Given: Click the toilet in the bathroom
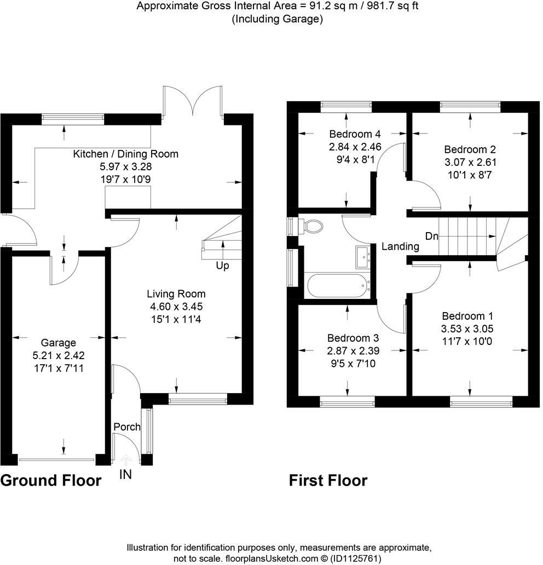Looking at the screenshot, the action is click(310, 226).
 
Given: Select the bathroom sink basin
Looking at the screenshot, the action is click(363, 257).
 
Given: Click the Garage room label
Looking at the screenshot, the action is click(59, 342).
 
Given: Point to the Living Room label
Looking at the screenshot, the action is click(176, 293).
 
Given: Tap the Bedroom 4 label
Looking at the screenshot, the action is click(355, 134).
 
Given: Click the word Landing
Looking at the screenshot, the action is click(400, 246).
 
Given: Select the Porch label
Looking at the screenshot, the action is click(127, 426).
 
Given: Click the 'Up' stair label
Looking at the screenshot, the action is click(222, 266).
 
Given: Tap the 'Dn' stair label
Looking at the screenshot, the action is click(432, 236).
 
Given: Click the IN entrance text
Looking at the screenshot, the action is click(125, 475).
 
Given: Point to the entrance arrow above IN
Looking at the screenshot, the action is click(125, 460).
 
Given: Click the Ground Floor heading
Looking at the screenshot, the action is click(51, 481).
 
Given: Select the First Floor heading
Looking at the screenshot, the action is click(328, 481).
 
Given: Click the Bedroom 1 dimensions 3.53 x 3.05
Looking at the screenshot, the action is click(467, 328).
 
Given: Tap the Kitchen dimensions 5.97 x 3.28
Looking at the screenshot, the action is click(126, 166).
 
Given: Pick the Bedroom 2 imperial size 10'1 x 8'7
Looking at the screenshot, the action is click(470, 175).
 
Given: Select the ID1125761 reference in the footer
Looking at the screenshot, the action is click(354, 558).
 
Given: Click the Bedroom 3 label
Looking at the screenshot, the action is click(353, 338).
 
